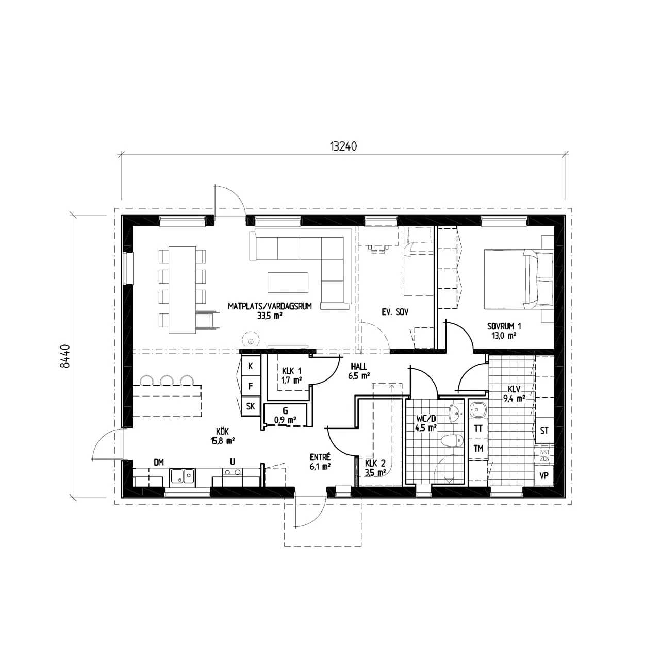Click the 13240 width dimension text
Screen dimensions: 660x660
pos(343,146)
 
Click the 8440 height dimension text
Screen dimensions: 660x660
pos(65,356)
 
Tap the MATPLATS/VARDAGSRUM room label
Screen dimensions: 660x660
pos(270,306)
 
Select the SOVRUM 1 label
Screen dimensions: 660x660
pos(504,326)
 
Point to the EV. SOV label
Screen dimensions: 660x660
pos(395,312)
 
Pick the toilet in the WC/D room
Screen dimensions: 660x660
pos(451,440)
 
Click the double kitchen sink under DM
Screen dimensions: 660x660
pos(183,476)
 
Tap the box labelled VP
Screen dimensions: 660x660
pos(544,476)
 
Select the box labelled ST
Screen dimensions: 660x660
pos(544,431)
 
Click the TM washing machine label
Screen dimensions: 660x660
pos(478,448)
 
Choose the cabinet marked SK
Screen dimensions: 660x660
pos(251,406)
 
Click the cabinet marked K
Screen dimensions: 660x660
pos(251,366)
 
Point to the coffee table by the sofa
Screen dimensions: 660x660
pos(288,282)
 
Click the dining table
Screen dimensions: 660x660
pos(182,290)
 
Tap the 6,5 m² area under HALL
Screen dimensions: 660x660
pos(358,376)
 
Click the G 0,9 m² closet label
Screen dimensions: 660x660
pos(285,415)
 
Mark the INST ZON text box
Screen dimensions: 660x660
pos(544,456)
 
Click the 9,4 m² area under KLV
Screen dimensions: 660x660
pos(514,399)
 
